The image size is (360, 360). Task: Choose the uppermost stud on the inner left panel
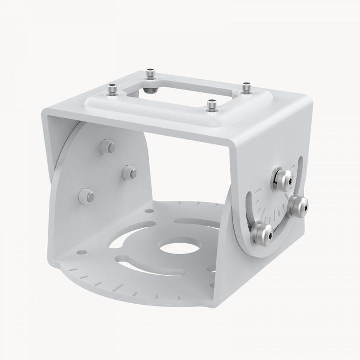pos(107,147)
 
